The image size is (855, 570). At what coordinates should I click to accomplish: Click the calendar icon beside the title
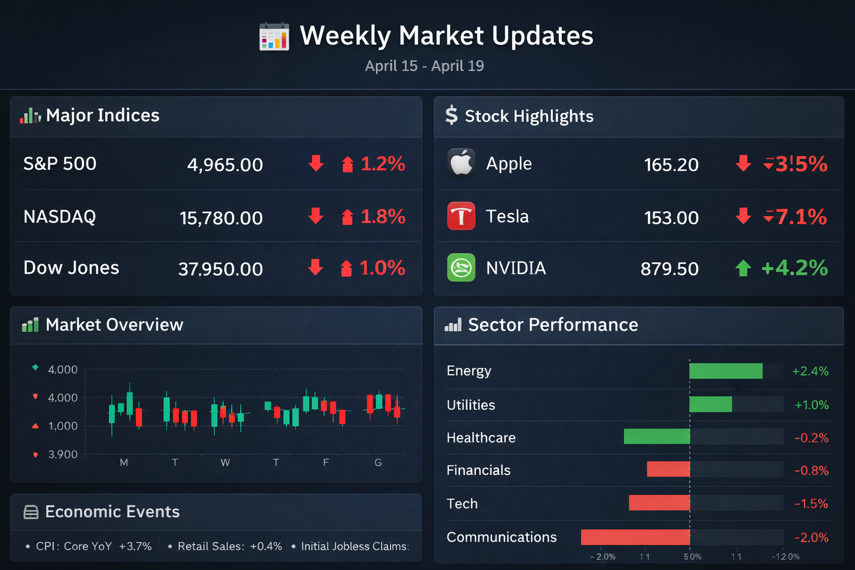[x=274, y=37]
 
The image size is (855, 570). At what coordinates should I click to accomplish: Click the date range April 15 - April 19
[x=424, y=66]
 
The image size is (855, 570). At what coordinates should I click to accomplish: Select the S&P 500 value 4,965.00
[x=225, y=165]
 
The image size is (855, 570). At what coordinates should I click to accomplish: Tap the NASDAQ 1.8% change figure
[x=383, y=217]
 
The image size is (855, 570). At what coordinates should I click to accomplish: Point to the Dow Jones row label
[x=71, y=268]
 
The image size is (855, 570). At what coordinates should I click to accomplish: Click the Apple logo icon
[x=461, y=163]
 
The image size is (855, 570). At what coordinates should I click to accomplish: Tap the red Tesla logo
[x=461, y=216]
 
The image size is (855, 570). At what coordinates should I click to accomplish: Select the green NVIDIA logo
[x=461, y=268]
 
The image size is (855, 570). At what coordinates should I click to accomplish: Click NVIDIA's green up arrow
[x=743, y=268]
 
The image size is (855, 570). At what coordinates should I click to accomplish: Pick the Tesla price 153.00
[x=671, y=218]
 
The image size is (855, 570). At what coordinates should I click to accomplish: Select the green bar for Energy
[x=726, y=371]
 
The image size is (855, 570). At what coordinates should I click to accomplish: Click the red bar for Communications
[x=635, y=537]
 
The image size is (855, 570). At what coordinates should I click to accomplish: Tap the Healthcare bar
[x=657, y=436]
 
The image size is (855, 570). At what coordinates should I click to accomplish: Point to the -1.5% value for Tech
[x=811, y=504]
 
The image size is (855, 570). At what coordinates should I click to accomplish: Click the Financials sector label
[x=478, y=470]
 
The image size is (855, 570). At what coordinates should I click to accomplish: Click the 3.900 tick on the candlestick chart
[x=63, y=454]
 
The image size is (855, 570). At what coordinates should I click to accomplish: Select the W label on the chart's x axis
[x=225, y=463]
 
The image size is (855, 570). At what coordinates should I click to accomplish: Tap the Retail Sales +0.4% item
[x=229, y=546]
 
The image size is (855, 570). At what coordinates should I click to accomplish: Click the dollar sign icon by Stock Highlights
[x=451, y=115]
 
